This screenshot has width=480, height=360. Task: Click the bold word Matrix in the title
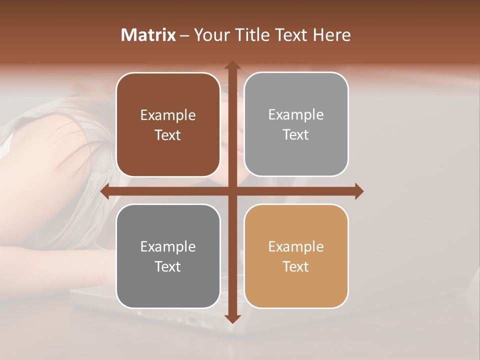coord(148,35)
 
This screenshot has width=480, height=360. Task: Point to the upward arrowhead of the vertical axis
coord(232,65)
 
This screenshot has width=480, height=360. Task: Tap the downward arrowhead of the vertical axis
coord(232,318)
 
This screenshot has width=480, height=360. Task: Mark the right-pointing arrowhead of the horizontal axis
coord(359,191)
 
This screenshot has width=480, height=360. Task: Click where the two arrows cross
coord(232,191)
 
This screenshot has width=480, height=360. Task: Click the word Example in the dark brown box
coord(168,115)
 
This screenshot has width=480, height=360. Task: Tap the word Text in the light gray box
coord(296,134)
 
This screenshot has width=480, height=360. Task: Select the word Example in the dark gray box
coord(168,247)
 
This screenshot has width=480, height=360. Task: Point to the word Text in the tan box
coord(296,266)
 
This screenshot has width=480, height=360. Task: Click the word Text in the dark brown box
coord(168,135)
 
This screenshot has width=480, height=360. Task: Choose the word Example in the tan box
coord(296,247)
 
